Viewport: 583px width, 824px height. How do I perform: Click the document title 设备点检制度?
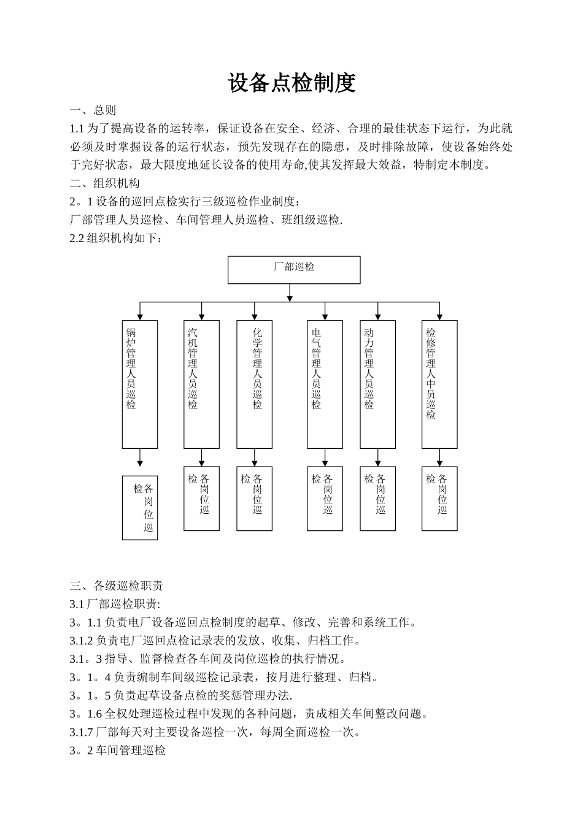(x=291, y=83)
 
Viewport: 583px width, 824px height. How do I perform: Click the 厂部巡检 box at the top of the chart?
(x=294, y=270)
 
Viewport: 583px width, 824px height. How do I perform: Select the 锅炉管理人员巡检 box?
(x=140, y=384)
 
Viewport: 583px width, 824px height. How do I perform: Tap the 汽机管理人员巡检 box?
(x=201, y=384)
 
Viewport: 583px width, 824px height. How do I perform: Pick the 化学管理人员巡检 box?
(x=255, y=384)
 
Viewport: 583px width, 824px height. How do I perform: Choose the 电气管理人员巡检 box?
(x=325, y=384)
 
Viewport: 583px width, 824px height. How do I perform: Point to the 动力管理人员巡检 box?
(x=377, y=384)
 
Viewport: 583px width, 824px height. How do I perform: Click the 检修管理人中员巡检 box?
(x=439, y=384)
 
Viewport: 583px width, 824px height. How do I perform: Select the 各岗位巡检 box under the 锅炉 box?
(x=140, y=508)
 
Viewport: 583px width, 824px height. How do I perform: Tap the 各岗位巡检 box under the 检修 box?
(x=439, y=498)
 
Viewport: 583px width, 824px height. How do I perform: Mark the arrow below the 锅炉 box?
(x=140, y=459)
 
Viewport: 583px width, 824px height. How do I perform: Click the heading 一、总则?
(x=93, y=110)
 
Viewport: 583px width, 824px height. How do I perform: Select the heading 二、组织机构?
(x=105, y=183)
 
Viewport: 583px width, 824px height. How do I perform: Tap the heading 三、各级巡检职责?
(x=117, y=586)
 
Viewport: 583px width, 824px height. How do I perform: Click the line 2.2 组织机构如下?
(x=117, y=238)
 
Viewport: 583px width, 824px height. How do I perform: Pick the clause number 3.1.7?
(x=82, y=732)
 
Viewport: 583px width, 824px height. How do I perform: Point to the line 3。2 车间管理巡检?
(x=118, y=750)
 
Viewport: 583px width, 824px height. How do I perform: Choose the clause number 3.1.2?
(x=82, y=641)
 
